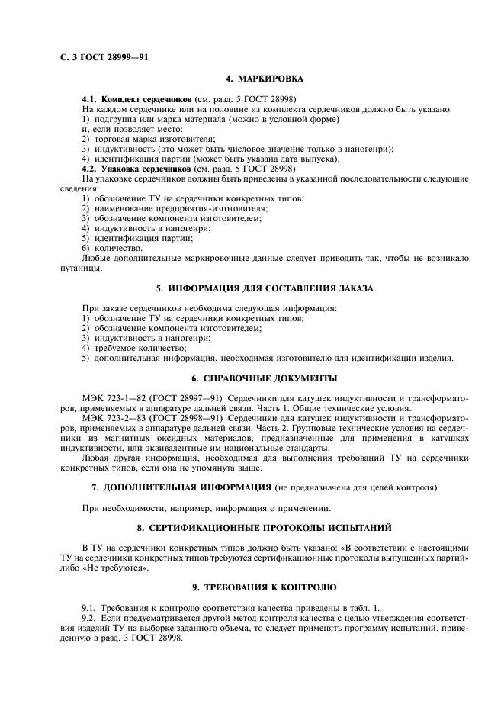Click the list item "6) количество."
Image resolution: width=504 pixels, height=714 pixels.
point(111,248)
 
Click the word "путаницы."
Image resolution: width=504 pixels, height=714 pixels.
point(78,268)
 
